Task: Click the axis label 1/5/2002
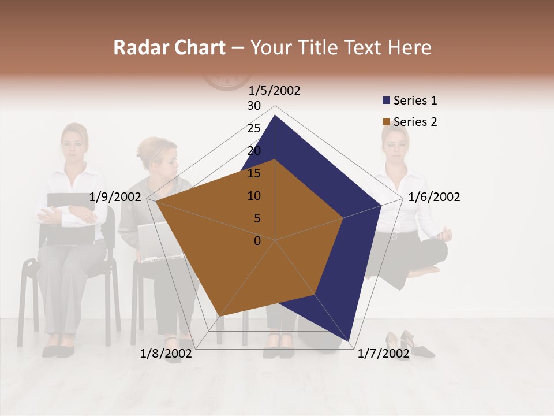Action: pyautogui.click(x=275, y=90)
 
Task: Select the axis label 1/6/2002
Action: pyautogui.click(x=434, y=197)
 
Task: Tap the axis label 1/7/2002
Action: pyautogui.click(x=384, y=354)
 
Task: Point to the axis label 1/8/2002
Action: pyautogui.click(x=166, y=354)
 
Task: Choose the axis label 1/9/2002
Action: pyautogui.click(x=115, y=197)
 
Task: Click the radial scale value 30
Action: pyautogui.click(x=254, y=106)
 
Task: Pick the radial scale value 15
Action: pyautogui.click(x=254, y=173)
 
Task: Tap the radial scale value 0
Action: pyautogui.click(x=257, y=241)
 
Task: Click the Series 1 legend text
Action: pyautogui.click(x=415, y=101)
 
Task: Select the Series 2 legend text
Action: pyautogui.click(x=415, y=122)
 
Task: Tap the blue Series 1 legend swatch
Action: pyautogui.click(x=387, y=101)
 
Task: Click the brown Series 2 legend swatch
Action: pyautogui.click(x=387, y=122)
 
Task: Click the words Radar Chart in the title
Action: pyautogui.click(x=169, y=47)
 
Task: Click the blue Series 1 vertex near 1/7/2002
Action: pyautogui.click(x=349, y=341)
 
